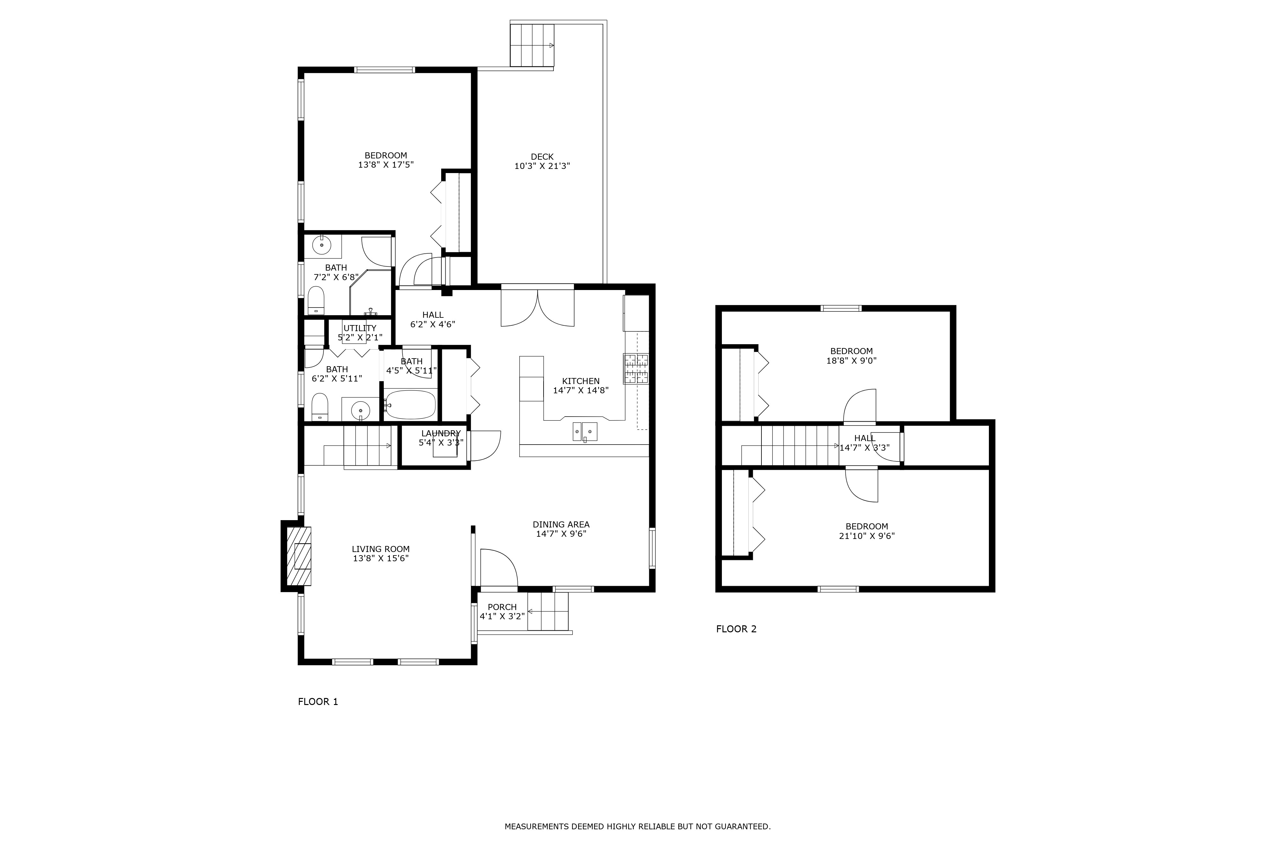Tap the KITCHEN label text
[x=581, y=381]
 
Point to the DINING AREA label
[x=561, y=524]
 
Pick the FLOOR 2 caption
[x=736, y=629]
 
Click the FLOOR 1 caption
[x=318, y=701]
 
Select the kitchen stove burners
[x=636, y=369]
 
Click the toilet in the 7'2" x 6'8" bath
[x=316, y=300]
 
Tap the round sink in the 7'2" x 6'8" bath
[x=322, y=246]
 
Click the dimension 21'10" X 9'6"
[x=866, y=536]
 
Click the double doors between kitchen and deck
[x=537, y=307]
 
